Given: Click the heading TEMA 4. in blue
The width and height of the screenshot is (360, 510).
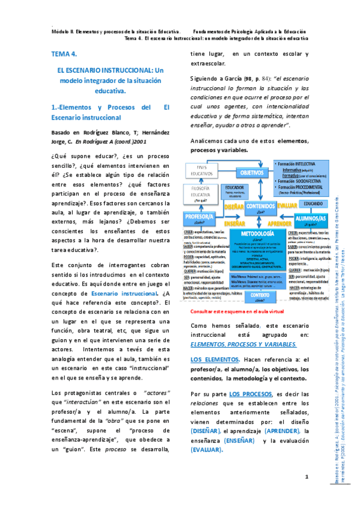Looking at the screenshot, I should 64,54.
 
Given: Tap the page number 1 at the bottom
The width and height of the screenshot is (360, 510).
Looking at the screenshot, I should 306,477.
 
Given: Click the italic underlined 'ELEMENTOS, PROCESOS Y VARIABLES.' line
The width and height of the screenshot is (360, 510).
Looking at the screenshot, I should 243,344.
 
